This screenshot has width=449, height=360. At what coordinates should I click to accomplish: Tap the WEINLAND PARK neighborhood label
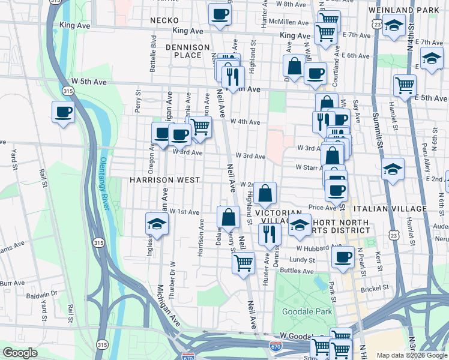[417, 11]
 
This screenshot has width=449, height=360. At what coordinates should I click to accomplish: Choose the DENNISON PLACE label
[187, 51]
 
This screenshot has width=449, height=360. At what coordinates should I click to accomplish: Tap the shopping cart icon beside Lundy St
[243, 262]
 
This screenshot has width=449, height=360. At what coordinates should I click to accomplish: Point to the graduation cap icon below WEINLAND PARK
[393, 26]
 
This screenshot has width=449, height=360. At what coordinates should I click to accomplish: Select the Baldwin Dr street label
[45, 293]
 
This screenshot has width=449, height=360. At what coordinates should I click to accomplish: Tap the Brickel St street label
[375, 287]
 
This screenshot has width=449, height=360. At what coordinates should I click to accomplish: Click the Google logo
[20, 353]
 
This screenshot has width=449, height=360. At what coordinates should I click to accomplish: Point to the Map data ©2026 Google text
[411, 355]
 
